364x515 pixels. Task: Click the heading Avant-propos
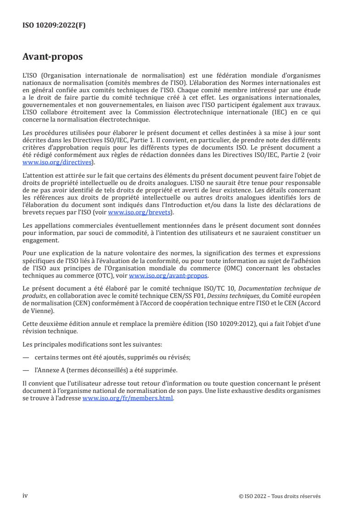click(x=53, y=57)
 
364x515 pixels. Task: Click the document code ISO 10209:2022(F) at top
click(x=54, y=26)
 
